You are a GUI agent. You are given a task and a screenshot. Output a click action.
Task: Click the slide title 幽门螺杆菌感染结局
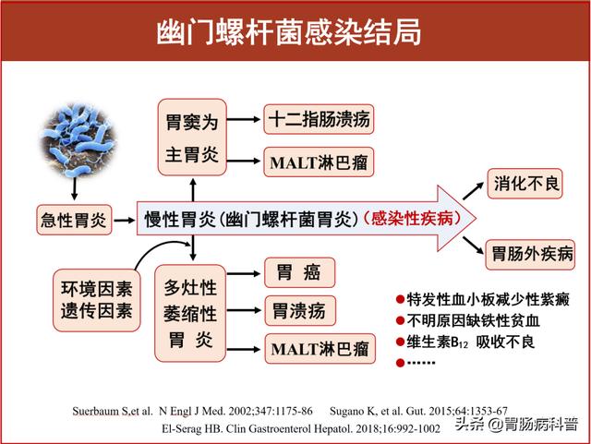tap(289, 32)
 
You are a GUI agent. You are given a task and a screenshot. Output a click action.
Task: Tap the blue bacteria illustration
tap(78, 140)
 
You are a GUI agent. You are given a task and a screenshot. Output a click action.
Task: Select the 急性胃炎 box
tap(74, 220)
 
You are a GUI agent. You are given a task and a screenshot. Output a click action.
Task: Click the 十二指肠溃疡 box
tap(319, 119)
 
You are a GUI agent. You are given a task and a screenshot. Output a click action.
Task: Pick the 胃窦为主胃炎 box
tap(192, 138)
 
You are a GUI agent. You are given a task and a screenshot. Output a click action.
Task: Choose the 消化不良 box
tap(525, 184)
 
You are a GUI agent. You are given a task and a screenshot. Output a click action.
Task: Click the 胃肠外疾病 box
tap(530, 255)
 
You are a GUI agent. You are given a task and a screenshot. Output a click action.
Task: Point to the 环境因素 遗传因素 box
tap(96, 300)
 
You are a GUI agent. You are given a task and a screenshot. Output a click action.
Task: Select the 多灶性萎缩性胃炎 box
tap(190, 313)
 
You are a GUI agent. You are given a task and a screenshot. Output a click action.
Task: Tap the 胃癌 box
tap(299, 272)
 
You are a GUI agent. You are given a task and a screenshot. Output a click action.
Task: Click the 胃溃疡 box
tap(300, 311)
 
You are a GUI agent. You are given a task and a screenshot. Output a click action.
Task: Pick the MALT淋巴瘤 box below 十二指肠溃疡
tap(319, 162)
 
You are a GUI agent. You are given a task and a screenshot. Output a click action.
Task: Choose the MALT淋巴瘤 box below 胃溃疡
tap(320, 349)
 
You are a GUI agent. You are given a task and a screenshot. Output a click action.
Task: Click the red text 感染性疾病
tap(412, 218)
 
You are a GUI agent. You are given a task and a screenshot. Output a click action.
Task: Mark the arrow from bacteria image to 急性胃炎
tap(74, 188)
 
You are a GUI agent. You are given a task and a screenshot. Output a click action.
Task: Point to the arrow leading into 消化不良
tap(473, 191)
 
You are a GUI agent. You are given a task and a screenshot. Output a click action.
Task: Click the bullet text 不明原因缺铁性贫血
tap(468, 320)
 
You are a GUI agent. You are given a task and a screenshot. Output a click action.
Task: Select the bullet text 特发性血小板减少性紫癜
tap(483, 300)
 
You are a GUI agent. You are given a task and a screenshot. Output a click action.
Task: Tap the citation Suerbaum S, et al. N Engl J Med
tap(192, 411)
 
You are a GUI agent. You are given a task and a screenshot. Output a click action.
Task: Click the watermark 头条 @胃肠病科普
tap(516, 424)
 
